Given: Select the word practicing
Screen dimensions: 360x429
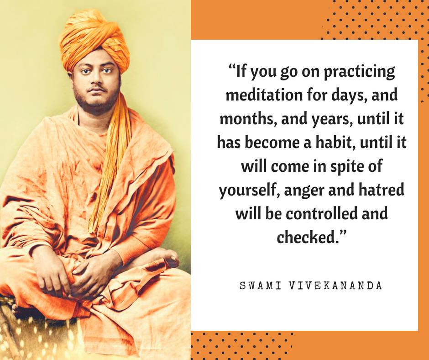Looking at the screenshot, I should coord(354,72).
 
